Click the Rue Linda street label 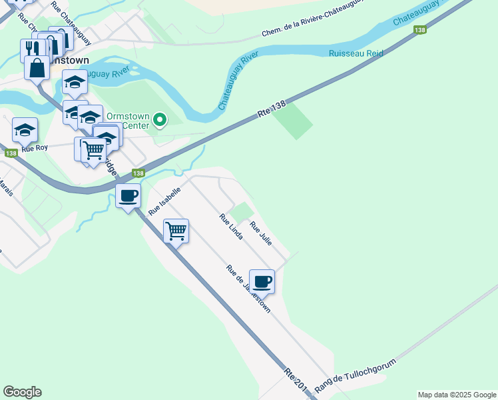(x=231, y=227)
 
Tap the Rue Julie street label (x=261, y=233)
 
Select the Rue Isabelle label (x=164, y=201)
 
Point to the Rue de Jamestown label (x=248, y=289)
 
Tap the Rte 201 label (x=295, y=381)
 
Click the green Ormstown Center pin (x=160, y=120)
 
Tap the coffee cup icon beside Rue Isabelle (x=128, y=196)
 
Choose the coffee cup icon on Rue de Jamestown (x=262, y=281)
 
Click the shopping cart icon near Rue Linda (x=176, y=231)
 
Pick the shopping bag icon (x=37, y=67)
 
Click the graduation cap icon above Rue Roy (x=25, y=130)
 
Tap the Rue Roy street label (x=35, y=148)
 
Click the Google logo (x=22, y=392)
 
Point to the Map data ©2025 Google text (x=456, y=395)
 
